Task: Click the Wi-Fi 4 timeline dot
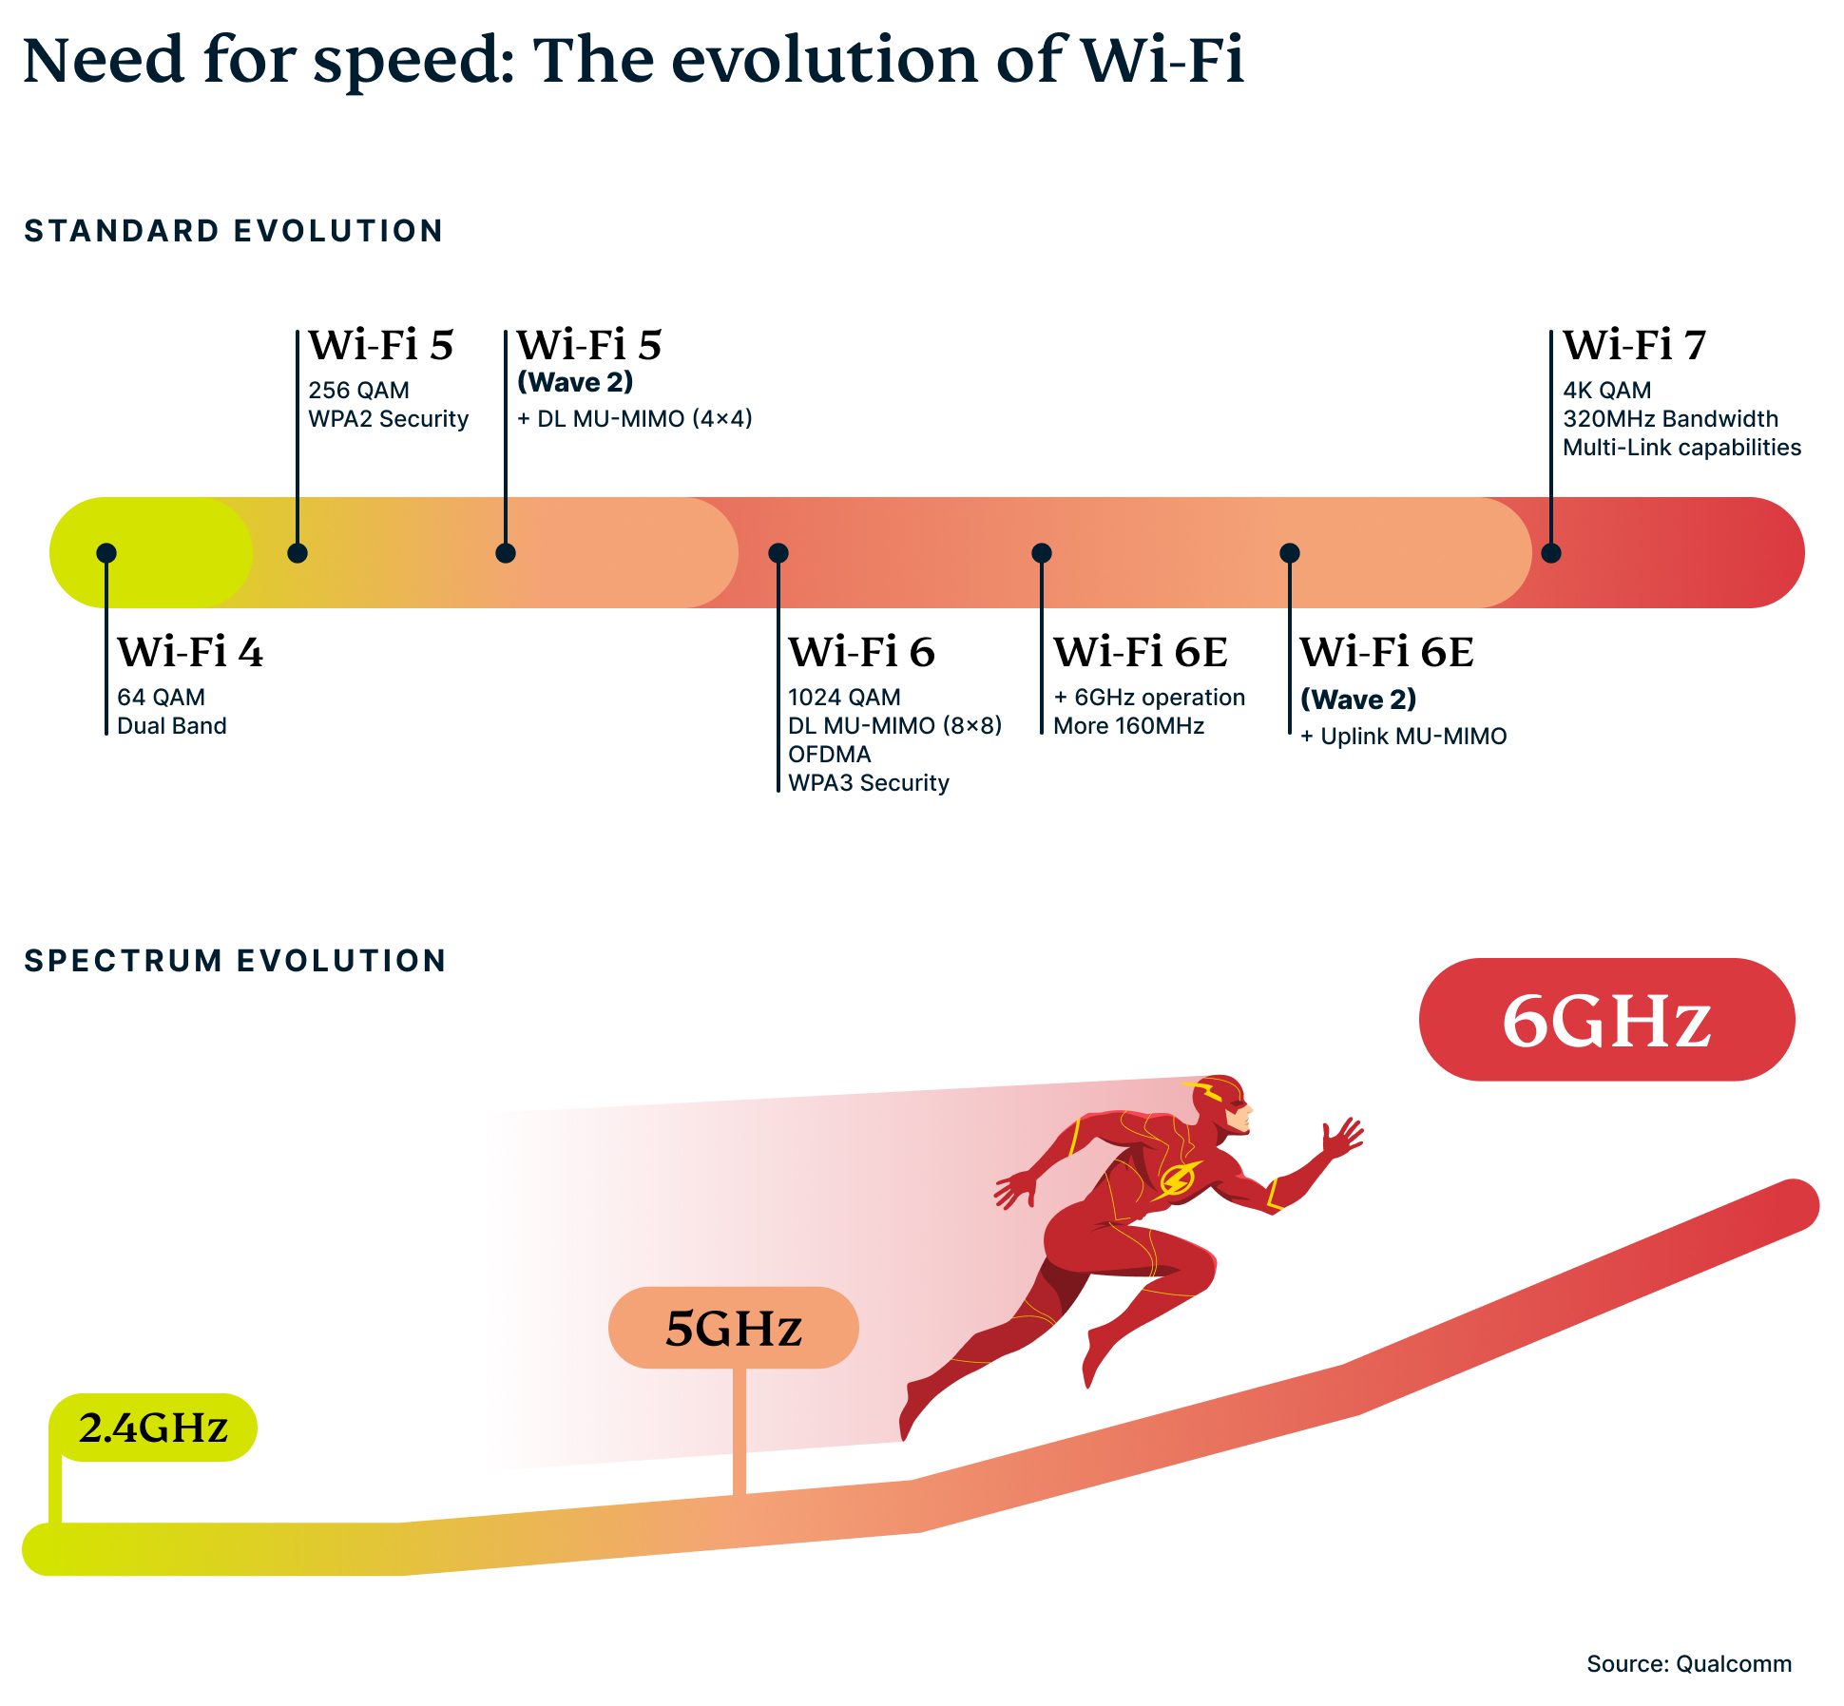pyautogui.click(x=106, y=553)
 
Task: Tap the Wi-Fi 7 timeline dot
pyautogui.click(x=1551, y=553)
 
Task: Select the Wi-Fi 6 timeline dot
pyautogui.click(x=778, y=553)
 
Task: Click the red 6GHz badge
pyautogui.click(x=1606, y=1020)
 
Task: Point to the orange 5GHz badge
pyautogui.click(x=733, y=1328)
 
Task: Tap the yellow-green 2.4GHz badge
pyautogui.click(x=153, y=1428)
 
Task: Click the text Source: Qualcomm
pyautogui.click(x=1688, y=1663)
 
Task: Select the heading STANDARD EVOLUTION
pyautogui.click(x=234, y=231)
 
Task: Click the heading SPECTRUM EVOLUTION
pyautogui.click(x=235, y=961)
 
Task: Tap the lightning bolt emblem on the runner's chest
pyautogui.click(x=1177, y=1179)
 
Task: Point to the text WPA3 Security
pyautogui.click(x=868, y=782)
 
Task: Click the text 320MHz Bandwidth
pyautogui.click(x=1670, y=419)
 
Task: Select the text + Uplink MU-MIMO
pyautogui.click(x=1403, y=737)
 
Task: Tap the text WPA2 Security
pyautogui.click(x=388, y=419)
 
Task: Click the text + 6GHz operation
pyautogui.click(x=1148, y=698)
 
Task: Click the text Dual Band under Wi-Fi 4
pyautogui.click(x=171, y=726)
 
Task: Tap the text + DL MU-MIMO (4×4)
pyautogui.click(x=634, y=419)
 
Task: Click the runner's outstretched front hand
pyautogui.click(x=1342, y=1137)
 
